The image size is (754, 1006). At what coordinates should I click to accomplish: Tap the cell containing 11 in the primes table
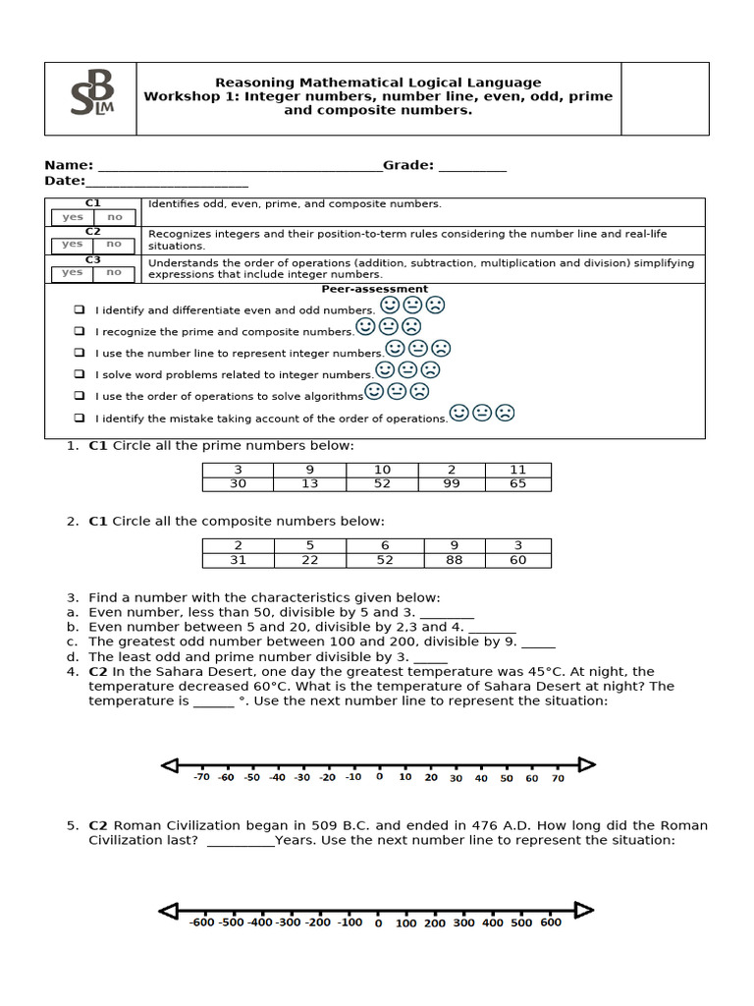click(x=517, y=470)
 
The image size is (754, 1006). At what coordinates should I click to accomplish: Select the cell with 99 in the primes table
click(x=451, y=483)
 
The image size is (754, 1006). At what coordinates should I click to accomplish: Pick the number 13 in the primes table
click(x=311, y=483)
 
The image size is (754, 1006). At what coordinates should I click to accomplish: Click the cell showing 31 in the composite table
click(x=238, y=560)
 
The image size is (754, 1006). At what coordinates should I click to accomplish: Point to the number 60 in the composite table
click(x=517, y=560)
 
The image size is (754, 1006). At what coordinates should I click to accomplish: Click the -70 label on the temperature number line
click(x=201, y=777)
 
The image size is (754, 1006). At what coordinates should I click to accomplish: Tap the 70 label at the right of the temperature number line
click(x=558, y=778)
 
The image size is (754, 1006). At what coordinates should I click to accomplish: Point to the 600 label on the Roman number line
click(x=551, y=922)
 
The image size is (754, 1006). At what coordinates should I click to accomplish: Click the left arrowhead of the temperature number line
click(x=170, y=765)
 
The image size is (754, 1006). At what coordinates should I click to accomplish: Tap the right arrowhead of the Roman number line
click(x=584, y=910)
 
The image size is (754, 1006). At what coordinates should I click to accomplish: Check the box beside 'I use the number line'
click(x=79, y=353)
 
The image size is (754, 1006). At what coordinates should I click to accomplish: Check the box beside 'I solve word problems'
click(x=79, y=374)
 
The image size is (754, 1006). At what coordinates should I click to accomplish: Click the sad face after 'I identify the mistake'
click(x=505, y=414)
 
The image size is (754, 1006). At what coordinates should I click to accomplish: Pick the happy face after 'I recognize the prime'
click(x=365, y=325)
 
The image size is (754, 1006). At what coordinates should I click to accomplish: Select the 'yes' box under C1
click(x=73, y=217)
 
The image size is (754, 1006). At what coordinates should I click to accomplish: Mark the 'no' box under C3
click(x=115, y=272)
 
